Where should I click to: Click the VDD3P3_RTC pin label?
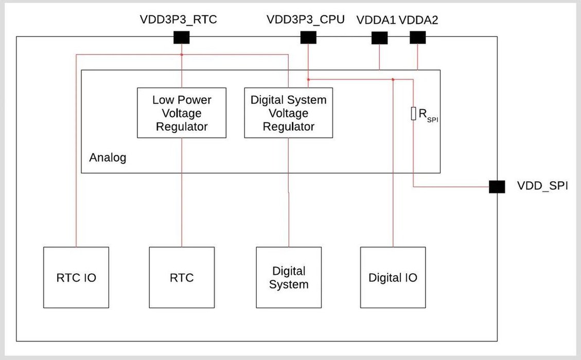tap(178, 20)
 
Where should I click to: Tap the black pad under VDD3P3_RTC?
tap(182, 38)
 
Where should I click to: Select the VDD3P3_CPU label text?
tap(305, 20)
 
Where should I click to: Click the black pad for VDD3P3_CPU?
tap(308, 38)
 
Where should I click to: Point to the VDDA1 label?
tap(376, 20)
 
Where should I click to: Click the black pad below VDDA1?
tap(379, 38)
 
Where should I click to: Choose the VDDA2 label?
tap(418, 20)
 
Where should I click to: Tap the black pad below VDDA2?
tap(417, 38)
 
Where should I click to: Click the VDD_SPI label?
tap(542, 186)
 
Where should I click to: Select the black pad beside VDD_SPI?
tap(497, 187)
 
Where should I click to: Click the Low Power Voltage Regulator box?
tap(182, 113)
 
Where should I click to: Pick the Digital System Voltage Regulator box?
tap(288, 113)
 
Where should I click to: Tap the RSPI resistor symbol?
tap(413, 114)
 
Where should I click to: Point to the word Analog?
tap(108, 158)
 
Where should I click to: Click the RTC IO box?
tap(76, 278)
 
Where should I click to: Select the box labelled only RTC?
tap(182, 278)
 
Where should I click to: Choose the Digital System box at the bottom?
tap(289, 278)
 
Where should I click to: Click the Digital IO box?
tap(393, 278)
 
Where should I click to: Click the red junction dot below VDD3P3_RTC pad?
tap(182, 54)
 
